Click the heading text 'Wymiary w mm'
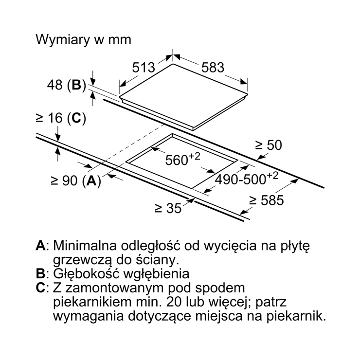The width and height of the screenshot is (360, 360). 83,40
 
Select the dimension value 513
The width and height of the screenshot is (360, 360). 144,68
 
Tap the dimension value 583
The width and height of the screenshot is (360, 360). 213,68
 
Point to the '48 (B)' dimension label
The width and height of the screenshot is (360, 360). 66,85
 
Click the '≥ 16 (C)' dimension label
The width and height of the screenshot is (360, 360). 61,118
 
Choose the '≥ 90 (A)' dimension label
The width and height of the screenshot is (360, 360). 75,180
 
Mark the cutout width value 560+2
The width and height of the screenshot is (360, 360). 183,159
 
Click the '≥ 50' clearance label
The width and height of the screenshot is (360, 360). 269,145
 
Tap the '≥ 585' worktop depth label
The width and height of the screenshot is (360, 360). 267,200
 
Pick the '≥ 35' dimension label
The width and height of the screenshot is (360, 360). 168,208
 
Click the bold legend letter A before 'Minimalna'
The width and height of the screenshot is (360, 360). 41,246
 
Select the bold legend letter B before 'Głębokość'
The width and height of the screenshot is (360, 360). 40,274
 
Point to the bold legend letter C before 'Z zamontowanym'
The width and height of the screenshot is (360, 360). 41,288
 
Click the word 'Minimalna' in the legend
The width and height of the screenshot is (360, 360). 85,246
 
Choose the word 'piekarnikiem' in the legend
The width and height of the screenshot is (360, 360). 92,302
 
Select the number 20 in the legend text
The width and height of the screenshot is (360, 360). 174,302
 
